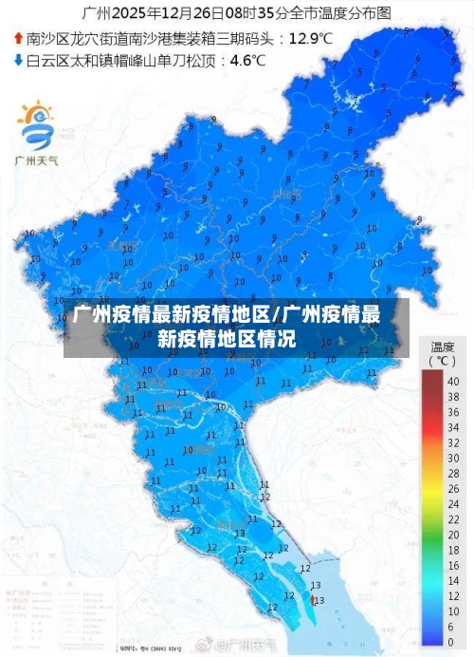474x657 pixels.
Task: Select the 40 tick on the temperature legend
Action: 453,381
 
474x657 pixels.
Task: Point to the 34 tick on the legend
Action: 453,427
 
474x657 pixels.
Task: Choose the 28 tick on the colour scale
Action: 453,474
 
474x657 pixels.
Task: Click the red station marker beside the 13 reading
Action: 313,600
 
